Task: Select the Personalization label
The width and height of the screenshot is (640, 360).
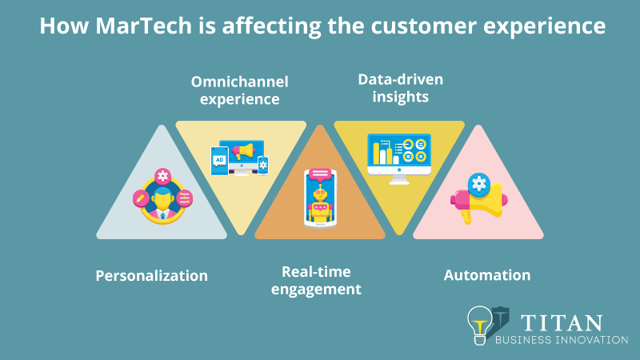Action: pyautogui.click(x=151, y=275)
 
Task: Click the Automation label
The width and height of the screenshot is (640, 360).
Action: pyautogui.click(x=486, y=274)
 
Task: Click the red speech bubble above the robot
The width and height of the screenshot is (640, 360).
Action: pyautogui.click(x=320, y=174)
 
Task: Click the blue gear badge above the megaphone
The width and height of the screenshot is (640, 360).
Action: pyautogui.click(x=478, y=184)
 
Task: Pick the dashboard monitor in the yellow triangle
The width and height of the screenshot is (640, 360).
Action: pyautogui.click(x=398, y=154)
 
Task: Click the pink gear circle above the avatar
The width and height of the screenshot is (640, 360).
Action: pyautogui.click(x=163, y=177)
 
